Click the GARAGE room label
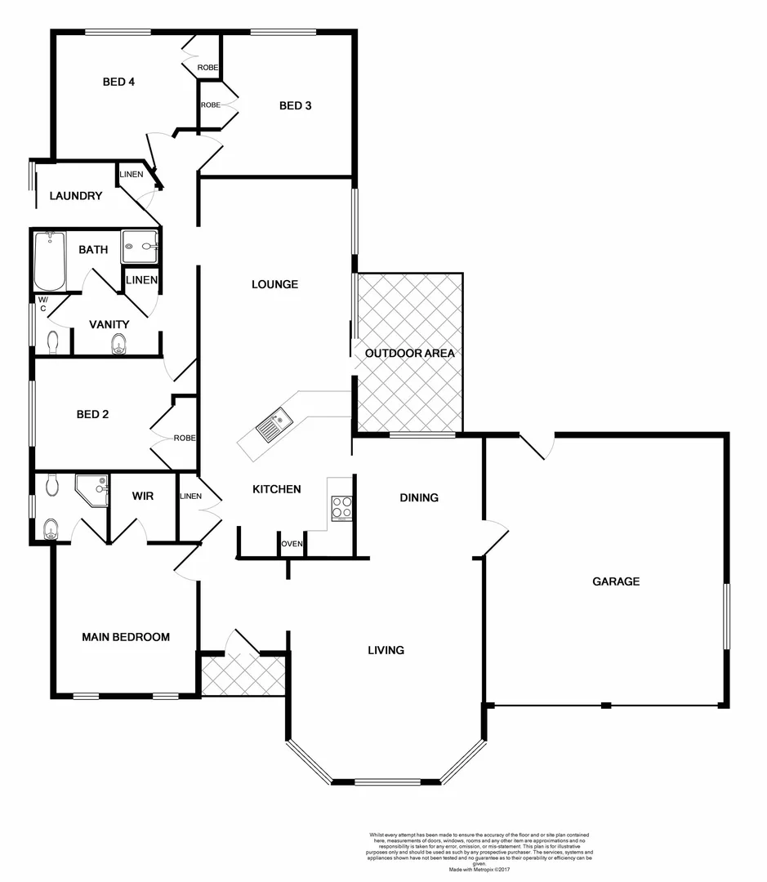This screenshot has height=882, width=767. click(615, 581)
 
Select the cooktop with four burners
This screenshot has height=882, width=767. click(341, 508)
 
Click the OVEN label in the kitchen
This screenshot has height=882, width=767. click(292, 544)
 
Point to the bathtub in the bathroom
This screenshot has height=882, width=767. click(49, 261)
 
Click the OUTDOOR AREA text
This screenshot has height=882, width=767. click(409, 354)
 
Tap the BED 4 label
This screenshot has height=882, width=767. click(118, 82)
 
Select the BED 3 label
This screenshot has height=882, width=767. click(296, 105)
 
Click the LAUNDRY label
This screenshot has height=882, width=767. click(75, 196)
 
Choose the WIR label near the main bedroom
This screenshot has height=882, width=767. click(144, 496)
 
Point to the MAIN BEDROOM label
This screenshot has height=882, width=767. click(126, 637)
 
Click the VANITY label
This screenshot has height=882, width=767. click(109, 324)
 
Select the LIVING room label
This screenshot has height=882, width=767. click(386, 650)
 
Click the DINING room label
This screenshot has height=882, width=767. click(419, 497)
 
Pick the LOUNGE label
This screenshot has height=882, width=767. click(274, 284)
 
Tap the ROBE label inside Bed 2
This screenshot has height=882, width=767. click(185, 439)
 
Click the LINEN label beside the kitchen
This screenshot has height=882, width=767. click(190, 496)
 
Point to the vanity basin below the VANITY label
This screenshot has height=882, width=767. click(118, 345)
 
